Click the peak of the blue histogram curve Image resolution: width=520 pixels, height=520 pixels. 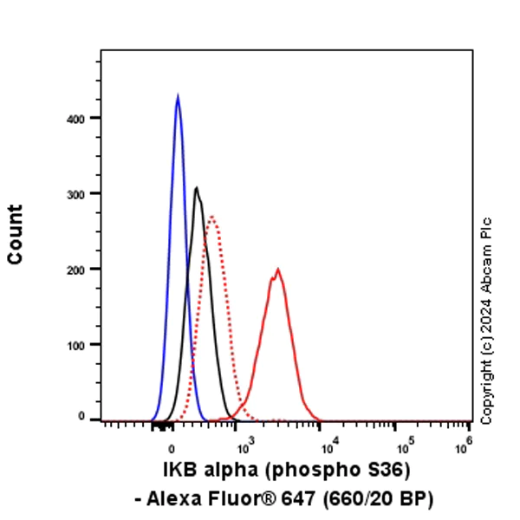[178, 96]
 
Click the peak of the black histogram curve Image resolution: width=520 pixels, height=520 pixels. [197, 188]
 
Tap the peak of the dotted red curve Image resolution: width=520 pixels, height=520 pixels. [211, 217]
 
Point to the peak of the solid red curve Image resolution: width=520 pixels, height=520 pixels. [278, 270]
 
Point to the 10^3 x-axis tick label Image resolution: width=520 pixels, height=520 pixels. [245, 446]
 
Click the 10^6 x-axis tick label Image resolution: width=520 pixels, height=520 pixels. [465, 446]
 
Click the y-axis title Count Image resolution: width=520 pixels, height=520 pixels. [15, 234]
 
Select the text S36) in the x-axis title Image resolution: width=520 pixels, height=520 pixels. [387, 471]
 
